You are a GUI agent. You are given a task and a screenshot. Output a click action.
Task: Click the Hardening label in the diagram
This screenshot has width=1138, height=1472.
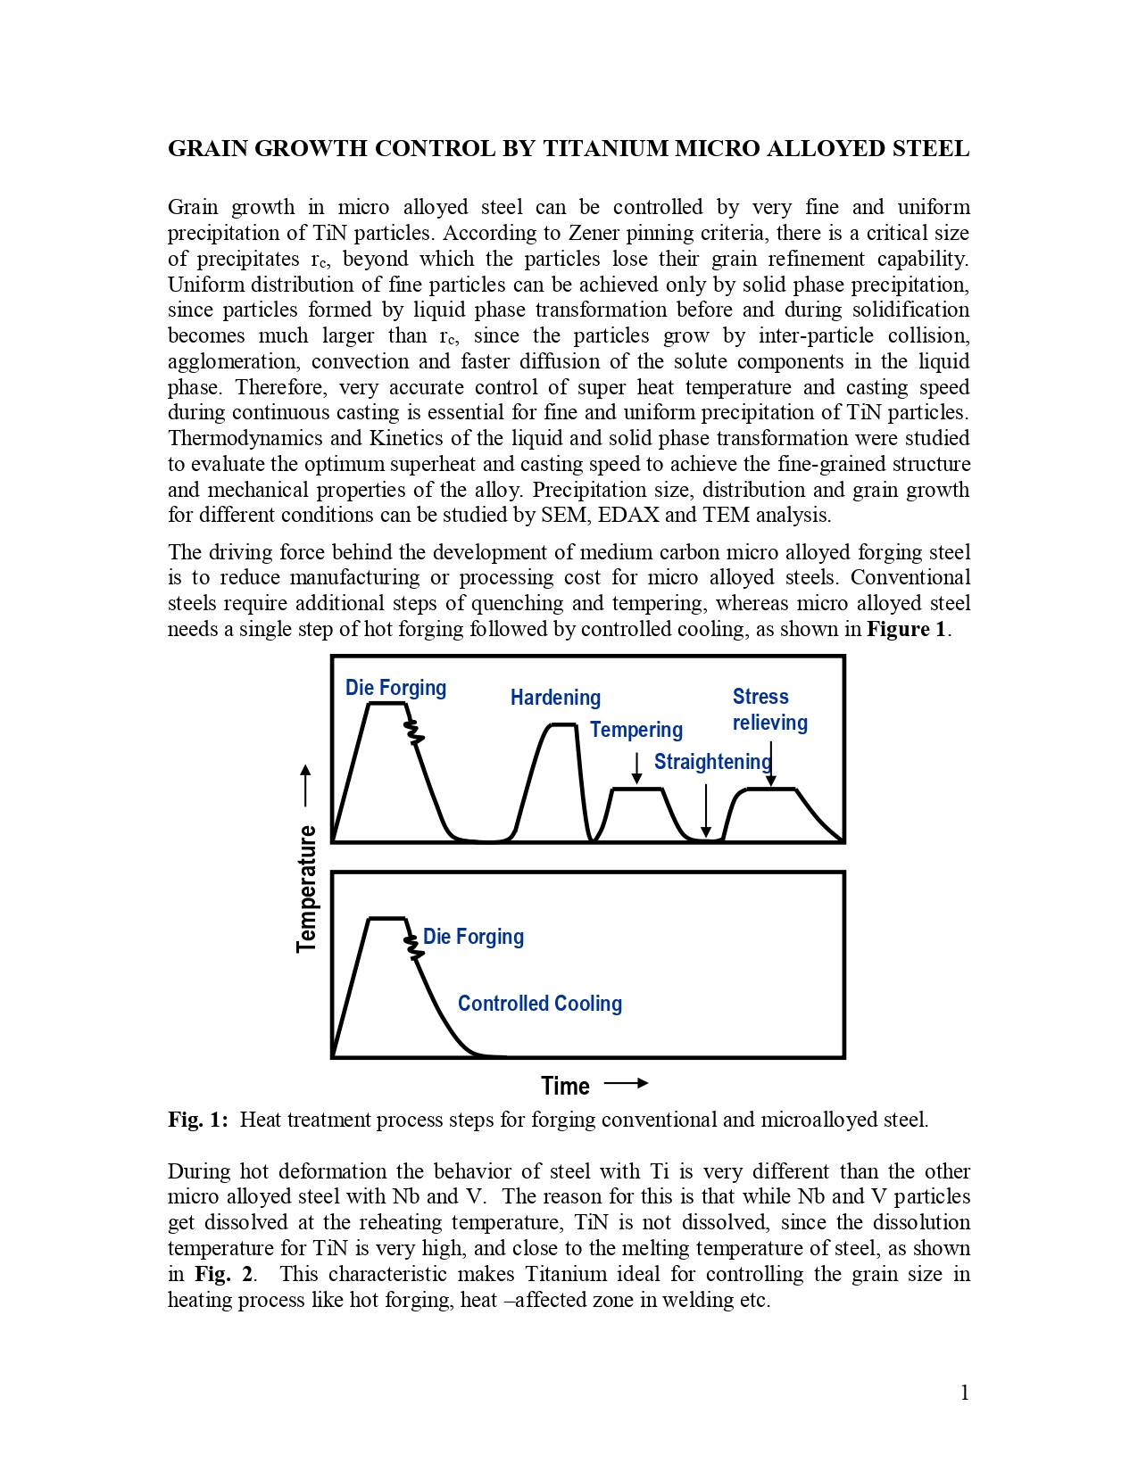coord(555,698)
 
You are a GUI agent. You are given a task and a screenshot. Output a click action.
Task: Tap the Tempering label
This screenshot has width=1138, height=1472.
coord(636,730)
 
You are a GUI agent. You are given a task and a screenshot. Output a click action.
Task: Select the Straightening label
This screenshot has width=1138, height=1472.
coord(712,762)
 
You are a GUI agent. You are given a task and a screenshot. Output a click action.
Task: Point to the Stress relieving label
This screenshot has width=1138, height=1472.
coord(769,710)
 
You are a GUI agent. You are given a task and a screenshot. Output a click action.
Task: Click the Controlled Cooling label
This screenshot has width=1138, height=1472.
coord(539,1004)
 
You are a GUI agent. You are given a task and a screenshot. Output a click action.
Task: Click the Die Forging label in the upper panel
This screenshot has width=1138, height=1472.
coord(395,688)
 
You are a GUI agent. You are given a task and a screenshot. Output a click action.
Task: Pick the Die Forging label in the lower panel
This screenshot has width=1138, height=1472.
coord(473,937)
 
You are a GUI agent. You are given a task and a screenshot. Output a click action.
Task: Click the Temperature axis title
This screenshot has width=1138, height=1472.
coord(307,889)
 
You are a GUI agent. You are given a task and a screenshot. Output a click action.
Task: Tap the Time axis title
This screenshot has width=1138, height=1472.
coord(565,1086)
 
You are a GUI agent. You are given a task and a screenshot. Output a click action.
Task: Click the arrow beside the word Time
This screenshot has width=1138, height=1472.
coord(626,1084)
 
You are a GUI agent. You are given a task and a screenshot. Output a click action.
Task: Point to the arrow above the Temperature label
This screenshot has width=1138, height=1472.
coord(306,785)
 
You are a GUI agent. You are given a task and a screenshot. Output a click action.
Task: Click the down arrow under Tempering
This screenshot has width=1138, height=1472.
coord(636,768)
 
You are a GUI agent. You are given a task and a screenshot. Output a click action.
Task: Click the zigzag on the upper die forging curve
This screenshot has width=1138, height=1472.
coord(413,732)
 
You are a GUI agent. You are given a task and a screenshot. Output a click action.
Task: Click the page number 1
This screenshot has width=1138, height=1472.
coord(964,1393)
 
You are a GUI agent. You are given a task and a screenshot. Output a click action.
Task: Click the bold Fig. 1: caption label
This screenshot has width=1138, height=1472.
coord(197,1120)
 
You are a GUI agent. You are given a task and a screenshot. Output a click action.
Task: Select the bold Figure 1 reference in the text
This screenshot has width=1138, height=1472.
coord(905,629)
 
